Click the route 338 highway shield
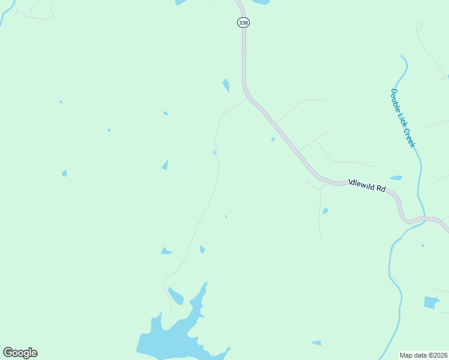click(x=243, y=22)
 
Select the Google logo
click(x=20, y=353)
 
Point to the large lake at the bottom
click(x=174, y=337)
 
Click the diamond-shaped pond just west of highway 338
click(x=226, y=85)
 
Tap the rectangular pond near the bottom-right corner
click(x=432, y=302)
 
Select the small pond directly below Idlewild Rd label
click(x=325, y=211)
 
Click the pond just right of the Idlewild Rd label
click(x=396, y=178)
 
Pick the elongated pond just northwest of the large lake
click(x=175, y=296)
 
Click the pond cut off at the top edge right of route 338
click(x=261, y=2)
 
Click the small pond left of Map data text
click(x=316, y=343)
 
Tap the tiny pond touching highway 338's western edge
click(x=273, y=139)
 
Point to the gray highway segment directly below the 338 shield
click(x=244, y=54)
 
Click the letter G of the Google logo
click(x=8, y=353)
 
